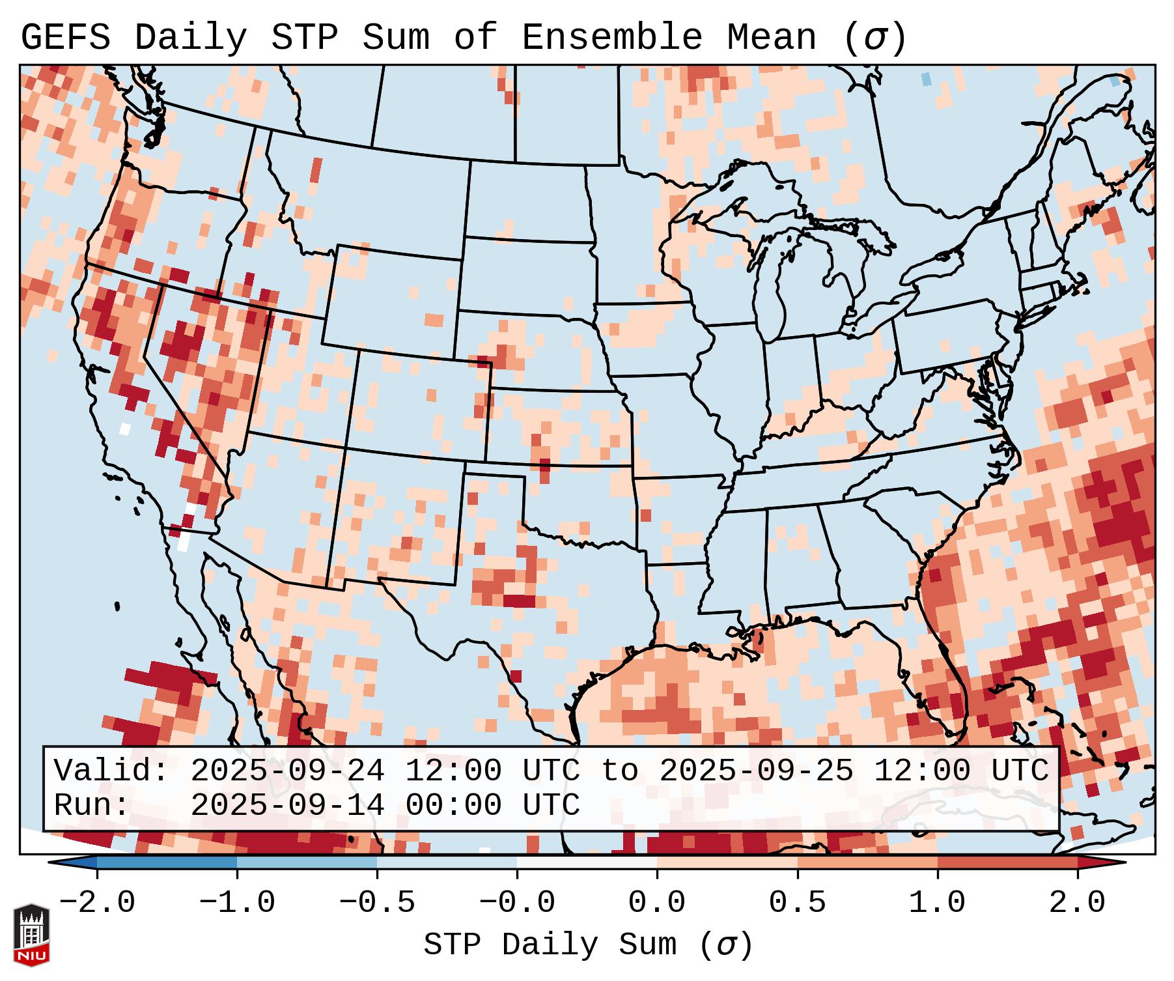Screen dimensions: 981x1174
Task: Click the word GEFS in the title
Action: (x=65, y=37)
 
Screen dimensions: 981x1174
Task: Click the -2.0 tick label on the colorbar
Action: (x=97, y=903)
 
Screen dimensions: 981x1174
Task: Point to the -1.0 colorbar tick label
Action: (x=237, y=903)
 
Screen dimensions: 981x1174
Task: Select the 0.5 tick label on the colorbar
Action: (x=798, y=903)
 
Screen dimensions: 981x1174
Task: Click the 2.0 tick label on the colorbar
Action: (x=1078, y=903)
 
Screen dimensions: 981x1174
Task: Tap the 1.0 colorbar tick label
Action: (x=938, y=903)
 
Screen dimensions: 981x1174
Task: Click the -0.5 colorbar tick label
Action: (x=377, y=903)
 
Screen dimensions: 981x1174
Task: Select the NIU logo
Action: (x=31, y=935)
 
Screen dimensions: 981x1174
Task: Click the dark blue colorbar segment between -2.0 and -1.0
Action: (x=167, y=862)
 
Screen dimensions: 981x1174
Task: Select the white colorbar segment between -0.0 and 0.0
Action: (x=587, y=862)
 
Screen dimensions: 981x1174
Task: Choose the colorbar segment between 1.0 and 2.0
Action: (x=1007, y=862)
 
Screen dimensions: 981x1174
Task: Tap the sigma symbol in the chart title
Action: (x=874, y=38)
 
